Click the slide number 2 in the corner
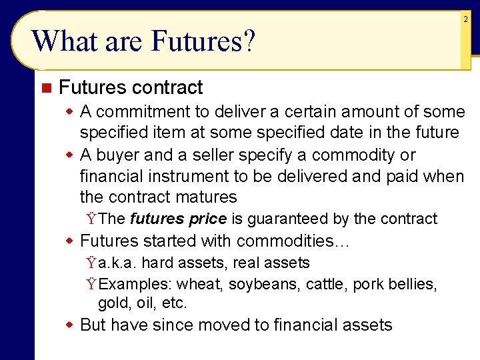(465, 20)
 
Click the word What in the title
(61, 41)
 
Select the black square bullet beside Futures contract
(45, 88)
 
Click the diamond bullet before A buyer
(69, 155)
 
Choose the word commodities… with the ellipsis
(293, 241)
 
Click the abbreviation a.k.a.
(117, 263)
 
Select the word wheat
(200, 285)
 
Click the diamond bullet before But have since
(69, 325)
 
